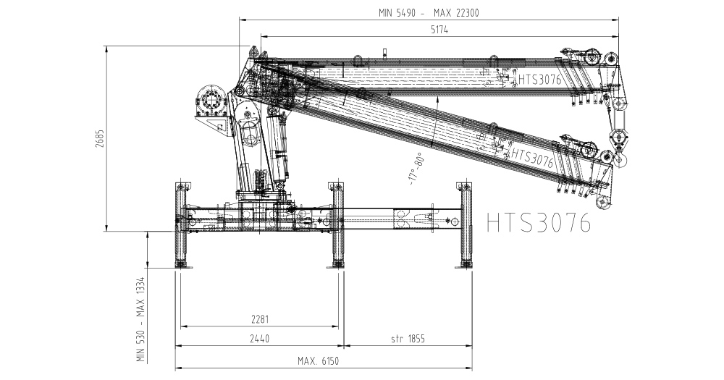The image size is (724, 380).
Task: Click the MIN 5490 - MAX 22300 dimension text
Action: pos(429,13)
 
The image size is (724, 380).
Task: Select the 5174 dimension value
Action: pos(439,30)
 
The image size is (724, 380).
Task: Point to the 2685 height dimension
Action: pos(100,138)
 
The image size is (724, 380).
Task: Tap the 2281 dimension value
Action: pos(260,319)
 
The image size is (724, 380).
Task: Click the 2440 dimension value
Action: pos(259,339)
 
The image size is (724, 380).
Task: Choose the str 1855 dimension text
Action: pos(408,339)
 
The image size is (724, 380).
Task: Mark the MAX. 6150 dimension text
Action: pos(318,360)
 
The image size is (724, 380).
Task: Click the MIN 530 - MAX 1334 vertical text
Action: pos(141,319)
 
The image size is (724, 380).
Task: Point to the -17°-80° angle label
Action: pos(416,169)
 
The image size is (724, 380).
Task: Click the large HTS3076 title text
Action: pos(539,222)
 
